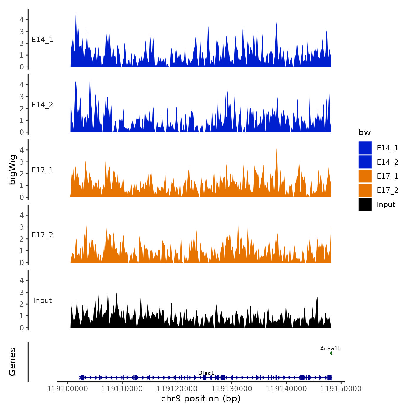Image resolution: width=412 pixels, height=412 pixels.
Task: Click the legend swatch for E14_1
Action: click(365, 148)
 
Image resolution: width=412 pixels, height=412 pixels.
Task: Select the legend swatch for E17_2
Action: click(365, 190)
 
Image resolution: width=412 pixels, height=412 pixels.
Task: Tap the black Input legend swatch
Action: click(365, 204)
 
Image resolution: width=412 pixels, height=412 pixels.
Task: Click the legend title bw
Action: click(364, 132)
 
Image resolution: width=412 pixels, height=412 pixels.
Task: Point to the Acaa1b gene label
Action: click(331, 349)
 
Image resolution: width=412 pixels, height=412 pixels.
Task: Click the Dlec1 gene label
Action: click(206, 373)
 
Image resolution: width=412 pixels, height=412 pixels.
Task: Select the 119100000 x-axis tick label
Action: click(68, 388)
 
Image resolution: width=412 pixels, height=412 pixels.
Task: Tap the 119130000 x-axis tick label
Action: click(232, 388)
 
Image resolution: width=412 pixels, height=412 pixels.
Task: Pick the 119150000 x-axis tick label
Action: click(341, 388)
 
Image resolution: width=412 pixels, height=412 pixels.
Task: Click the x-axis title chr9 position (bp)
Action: click(201, 398)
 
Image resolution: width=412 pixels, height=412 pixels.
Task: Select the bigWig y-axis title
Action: click(12, 170)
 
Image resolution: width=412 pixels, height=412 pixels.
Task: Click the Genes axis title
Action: click(12, 362)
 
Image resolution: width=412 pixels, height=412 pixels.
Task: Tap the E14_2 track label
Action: click(42, 105)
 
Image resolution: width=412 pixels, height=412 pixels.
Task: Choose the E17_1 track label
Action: click(42, 170)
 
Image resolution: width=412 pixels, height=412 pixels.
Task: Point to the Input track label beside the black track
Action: click(42, 300)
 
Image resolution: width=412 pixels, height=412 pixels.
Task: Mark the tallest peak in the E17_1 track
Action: click(277, 150)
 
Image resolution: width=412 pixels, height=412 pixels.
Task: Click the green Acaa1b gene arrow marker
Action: click(331, 353)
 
